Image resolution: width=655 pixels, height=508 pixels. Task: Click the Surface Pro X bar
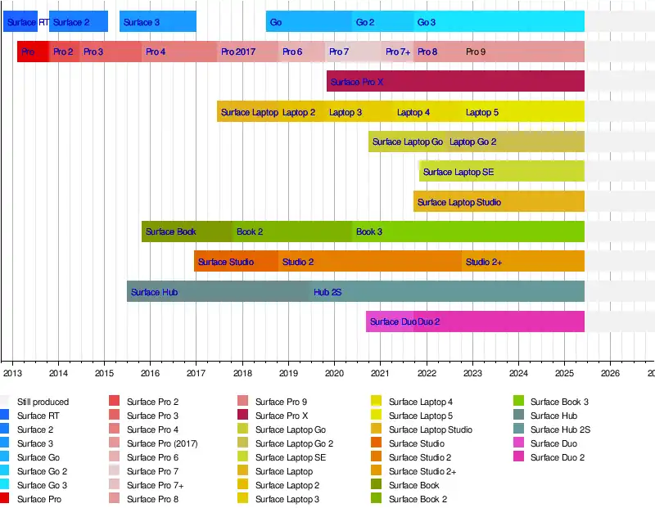pyautogui.click(x=455, y=82)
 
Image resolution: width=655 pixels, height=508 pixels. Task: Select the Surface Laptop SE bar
pyautogui.click(x=502, y=172)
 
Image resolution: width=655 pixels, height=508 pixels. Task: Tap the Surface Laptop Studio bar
pyautogui.click(x=499, y=202)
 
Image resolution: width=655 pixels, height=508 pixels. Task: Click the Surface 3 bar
pyautogui.click(x=158, y=22)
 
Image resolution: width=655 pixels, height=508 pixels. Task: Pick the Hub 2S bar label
pyautogui.click(x=327, y=292)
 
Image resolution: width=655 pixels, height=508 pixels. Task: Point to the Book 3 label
pyautogui.click(x=369, y=232)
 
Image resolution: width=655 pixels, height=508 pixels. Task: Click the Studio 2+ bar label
pyautogui.click(x=484, y=262)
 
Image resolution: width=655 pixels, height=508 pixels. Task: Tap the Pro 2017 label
pyautogui.click(x=238, y=52)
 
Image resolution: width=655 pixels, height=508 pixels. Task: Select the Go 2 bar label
pyautogui.click(x=365, y=22)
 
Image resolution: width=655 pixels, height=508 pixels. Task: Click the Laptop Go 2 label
pyautogui.click(x=473, y=142)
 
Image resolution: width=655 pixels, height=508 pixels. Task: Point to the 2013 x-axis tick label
pyautogui.click(x=12, y=374)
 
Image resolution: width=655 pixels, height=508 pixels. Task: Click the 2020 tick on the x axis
pyautogui.click(x=334, y=374)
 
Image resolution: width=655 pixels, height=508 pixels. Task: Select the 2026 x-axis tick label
pyautogui.click(x=610, y=374)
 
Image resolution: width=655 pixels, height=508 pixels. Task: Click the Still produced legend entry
pyautogui.click(x=43, y=402)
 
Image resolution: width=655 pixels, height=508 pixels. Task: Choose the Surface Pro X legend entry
pyautogui.click(x=281, y=416)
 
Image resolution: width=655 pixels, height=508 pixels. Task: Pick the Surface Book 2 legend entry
pyautogui.click(x=417, y=499)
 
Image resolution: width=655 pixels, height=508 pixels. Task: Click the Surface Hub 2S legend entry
pyautogui.click(x=560, y=429)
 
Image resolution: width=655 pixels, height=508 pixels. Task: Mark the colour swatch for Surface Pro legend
pyautogui.click(x=6, y=499)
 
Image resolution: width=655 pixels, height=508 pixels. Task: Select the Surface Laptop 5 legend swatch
pyautogui.click(x=377, y=416)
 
